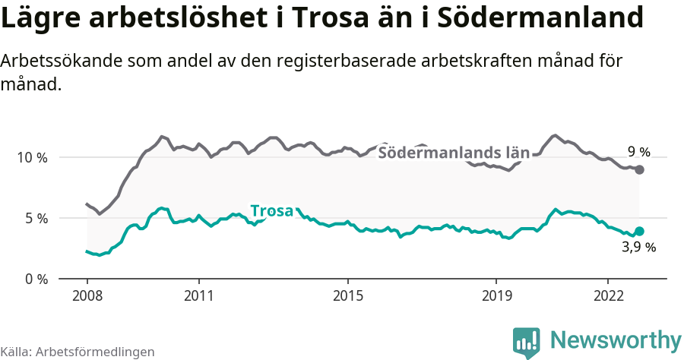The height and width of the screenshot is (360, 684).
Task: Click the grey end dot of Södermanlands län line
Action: pos(639,169)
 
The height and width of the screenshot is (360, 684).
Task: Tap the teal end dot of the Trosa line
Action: pos(639,231)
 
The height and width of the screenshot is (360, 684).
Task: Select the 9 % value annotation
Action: pos(638,152)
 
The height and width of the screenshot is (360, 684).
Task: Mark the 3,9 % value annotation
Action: pos(638,247)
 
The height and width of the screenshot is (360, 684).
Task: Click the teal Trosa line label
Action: pos(271,210)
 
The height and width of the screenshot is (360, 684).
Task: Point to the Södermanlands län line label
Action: pos(453,153)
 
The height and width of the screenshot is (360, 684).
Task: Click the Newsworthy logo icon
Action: pos(526,340)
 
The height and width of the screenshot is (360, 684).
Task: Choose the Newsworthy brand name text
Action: pos(616,339)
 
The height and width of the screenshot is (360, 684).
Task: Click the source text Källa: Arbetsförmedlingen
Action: pos(78,352)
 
